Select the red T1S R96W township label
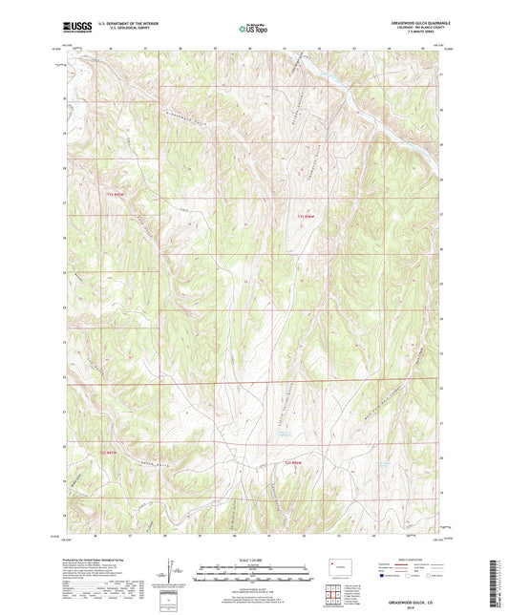[x=305, y=217]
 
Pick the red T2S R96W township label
[x=298, y=463]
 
